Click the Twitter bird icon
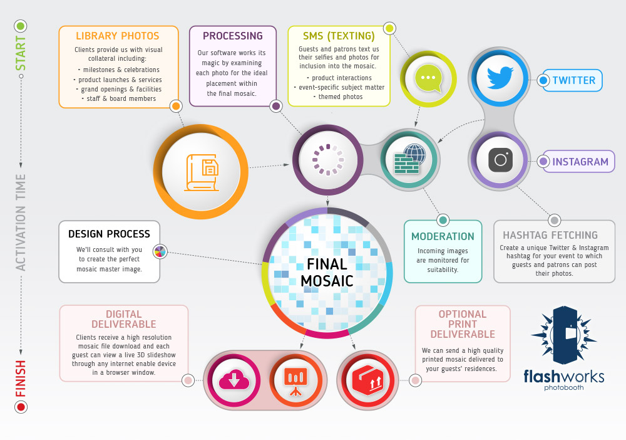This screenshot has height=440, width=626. (500, 78)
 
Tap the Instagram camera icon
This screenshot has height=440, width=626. (500, 160)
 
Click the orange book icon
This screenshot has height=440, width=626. (202, 172)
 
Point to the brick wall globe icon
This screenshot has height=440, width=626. (409, 159)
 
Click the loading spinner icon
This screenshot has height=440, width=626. (328, 160)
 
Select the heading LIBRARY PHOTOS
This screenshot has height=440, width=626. (118, 36)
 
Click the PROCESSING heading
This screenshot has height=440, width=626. (233, 36)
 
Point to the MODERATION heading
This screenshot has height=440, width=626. (443, 236)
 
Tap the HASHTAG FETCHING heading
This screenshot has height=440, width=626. (550, 235)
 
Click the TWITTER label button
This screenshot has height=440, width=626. (570, 80)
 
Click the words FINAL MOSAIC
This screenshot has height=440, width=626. (327, 272)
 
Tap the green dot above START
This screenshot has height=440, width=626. (21, 26)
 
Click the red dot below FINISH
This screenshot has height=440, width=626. (21, 407)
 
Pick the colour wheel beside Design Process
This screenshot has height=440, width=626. (160, 251)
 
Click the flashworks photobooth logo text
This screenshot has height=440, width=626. (564, 379)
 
